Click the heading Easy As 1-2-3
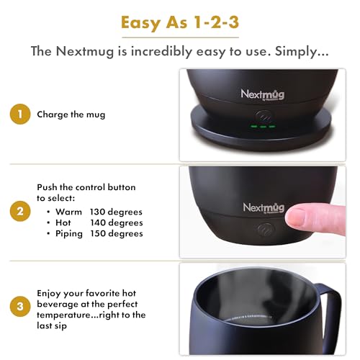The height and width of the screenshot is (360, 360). (x=179, y=22)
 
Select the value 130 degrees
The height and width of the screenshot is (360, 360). (x=116, y=212)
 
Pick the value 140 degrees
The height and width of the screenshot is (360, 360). (x=116, y=222)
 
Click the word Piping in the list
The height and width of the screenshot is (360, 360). (x=69, y=233)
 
